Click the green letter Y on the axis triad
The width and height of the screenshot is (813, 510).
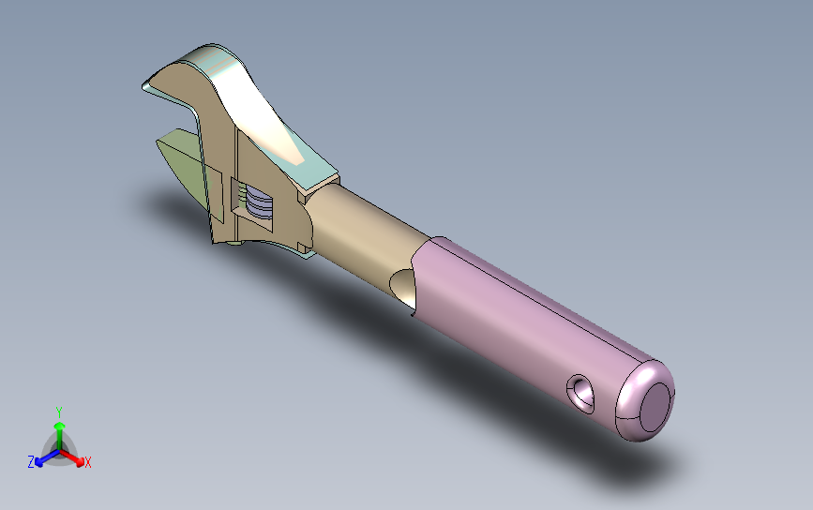click(x=59, y=412)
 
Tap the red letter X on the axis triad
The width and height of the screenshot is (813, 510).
click(x=87, y=462)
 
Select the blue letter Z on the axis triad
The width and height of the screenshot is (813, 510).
click(x=31, y=462)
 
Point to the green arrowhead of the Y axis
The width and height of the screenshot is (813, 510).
click(x=60, y=427)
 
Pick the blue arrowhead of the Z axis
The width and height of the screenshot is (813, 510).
click(x=39, y=461)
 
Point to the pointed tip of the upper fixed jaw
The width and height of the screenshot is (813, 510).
click(x=143, y=86)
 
